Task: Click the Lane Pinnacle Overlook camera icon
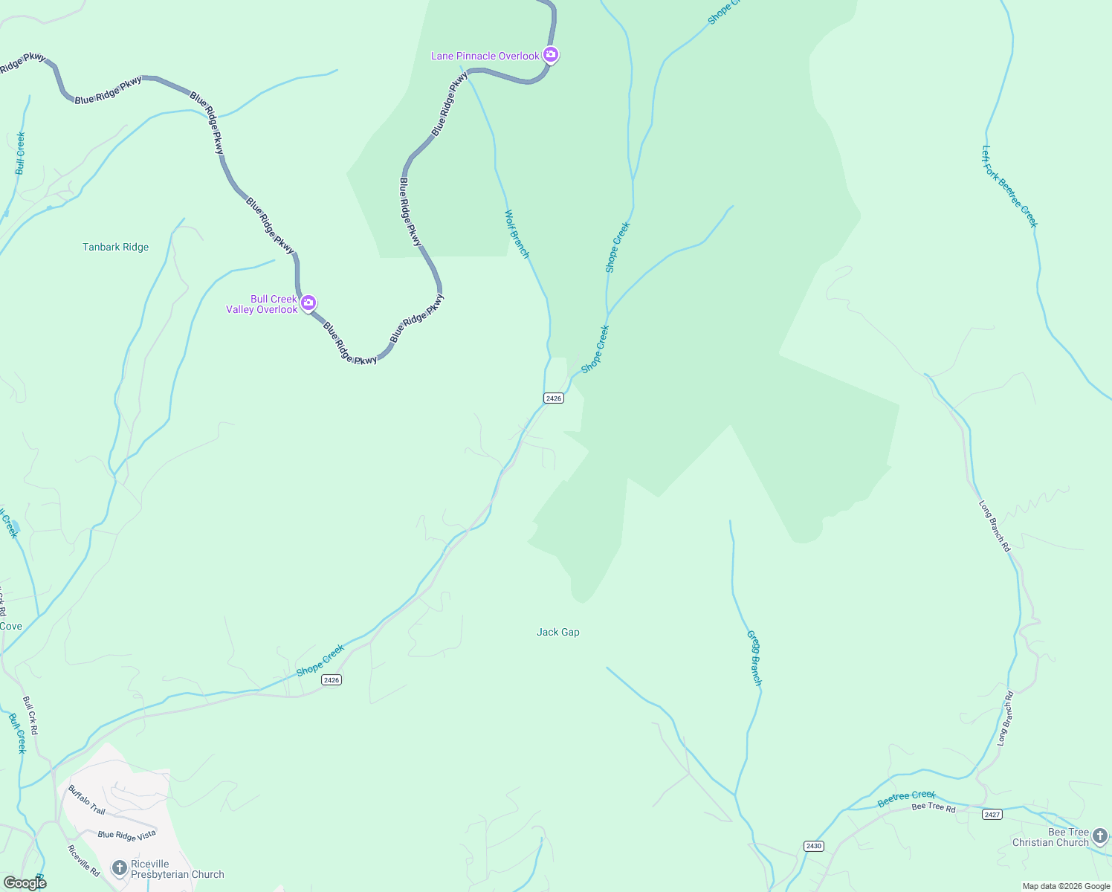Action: (x=550, y=54)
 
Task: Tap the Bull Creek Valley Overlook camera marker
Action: (x=308, y=303)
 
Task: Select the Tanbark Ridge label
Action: (x=115, y=247)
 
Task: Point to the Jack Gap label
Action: (x=557, y=632)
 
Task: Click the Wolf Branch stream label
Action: (x=517, y=234)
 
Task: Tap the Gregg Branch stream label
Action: (x=754, y=659)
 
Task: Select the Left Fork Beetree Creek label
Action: (x=1009, y=186)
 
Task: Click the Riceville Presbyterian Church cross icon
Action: (x=119, y=867)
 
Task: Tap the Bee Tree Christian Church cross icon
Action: (x=1100, y=836)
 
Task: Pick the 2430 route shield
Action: (x=814, y=846)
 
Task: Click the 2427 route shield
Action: (x=992, y=815)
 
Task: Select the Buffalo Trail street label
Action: (x=87, y=800)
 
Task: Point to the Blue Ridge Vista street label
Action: (x=127, y=836)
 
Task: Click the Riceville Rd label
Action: (x=83, y=861)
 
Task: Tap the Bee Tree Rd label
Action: (x=934, y=807)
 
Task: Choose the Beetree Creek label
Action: (x=906, y=798)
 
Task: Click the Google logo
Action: (x=25, y=882)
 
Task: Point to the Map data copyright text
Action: (x=1066, y=886)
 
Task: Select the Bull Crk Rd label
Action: (x=30, y=716)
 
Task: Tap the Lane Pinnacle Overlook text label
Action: (x=485, y=56)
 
